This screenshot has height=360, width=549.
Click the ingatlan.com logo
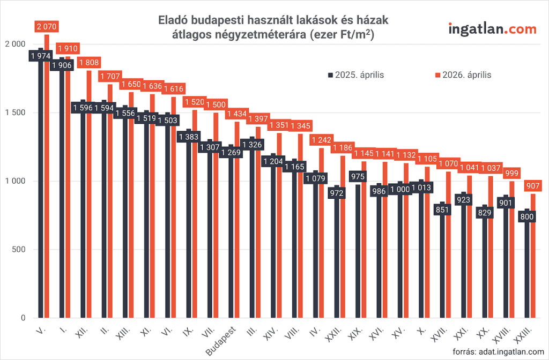point(492,29)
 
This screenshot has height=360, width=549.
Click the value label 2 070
point(46,26)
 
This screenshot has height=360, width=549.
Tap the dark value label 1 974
point(40,56)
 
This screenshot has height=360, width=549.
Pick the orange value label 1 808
point(89,63)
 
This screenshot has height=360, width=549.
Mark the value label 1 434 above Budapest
point(237,114)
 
